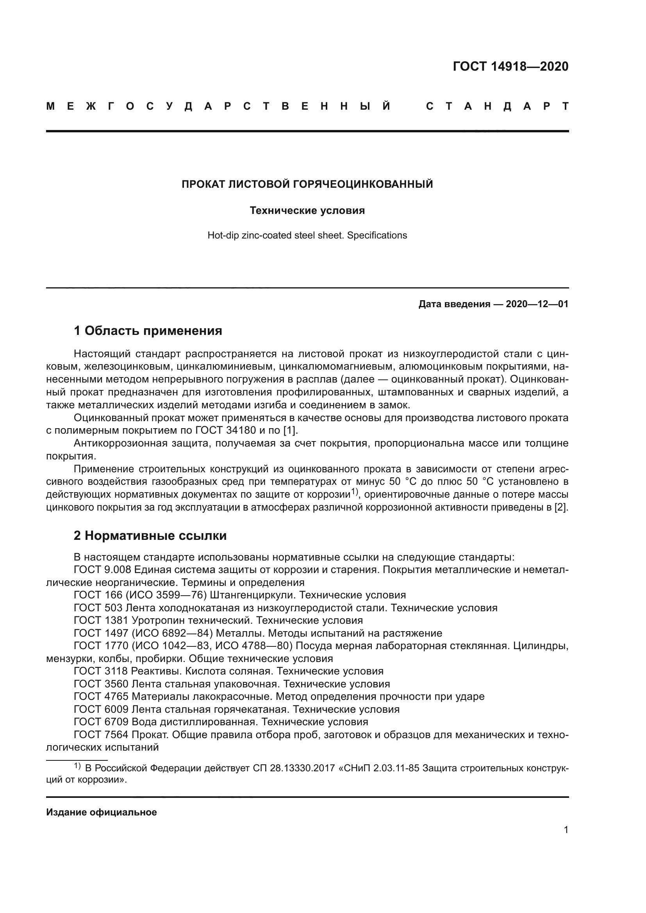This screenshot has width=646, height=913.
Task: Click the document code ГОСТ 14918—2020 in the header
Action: (x=510, y=66)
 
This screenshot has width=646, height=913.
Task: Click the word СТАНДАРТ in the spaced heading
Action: (x=497, y=107)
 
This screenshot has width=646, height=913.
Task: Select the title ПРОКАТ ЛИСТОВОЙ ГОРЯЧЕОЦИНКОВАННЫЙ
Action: (x=307, y=184)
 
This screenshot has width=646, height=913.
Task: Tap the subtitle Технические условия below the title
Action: (x=307, y=210)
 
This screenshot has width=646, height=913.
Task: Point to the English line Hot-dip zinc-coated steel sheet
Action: (x=307, y=235)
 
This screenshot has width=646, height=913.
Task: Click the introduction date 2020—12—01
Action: (x=537, y=304)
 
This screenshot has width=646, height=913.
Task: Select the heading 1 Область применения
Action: (x=148, y=331)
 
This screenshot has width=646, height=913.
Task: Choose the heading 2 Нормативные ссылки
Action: (x=150, y=536)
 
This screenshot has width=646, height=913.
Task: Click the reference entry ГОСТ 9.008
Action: (x=102, y=570)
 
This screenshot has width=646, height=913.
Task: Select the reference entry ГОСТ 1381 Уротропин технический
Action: (x=218, y=620)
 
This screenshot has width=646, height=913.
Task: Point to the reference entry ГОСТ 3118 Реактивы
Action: (x=228, y=671)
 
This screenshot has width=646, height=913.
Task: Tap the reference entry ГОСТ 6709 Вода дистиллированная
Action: (x=221, y=722)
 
